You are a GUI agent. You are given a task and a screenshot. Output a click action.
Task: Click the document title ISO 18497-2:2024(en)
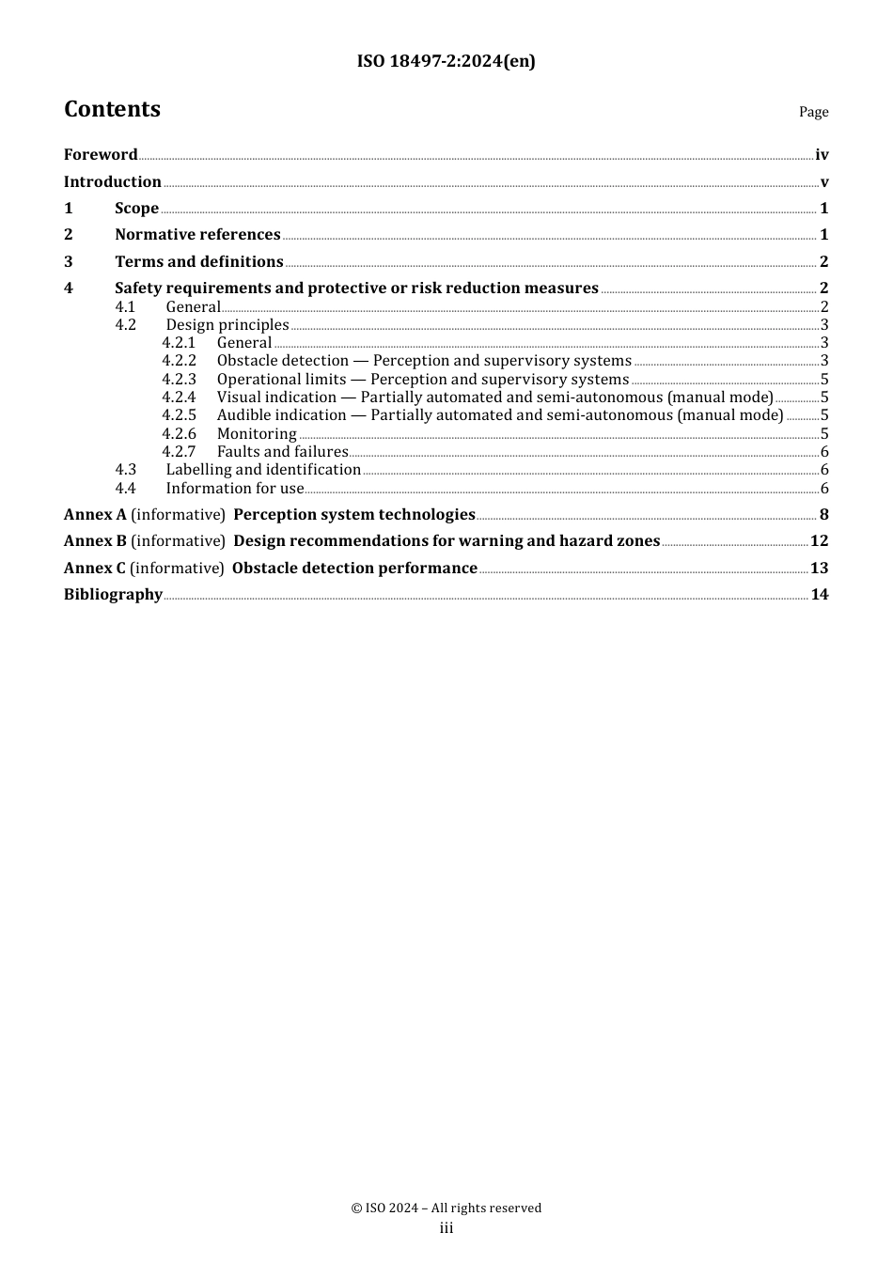[x=446, y=62]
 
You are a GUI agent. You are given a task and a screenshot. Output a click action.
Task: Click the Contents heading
[x=112, y=110]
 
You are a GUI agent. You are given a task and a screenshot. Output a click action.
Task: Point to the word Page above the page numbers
[x=813, y=112]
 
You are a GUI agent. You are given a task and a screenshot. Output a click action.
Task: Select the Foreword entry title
[x=101, y=155]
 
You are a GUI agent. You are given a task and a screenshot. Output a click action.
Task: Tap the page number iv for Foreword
[x=822, y=155]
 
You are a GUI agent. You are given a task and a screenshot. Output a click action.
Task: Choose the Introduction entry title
[x=112, y=182]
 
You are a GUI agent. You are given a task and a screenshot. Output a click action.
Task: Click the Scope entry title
[x=136, y=209]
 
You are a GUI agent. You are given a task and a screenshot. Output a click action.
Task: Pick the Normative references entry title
[x=197, y=235]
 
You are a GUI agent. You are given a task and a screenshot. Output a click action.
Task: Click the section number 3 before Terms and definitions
[x=68, y=262]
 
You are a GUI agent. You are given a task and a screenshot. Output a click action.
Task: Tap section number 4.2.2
[x=179, y=361]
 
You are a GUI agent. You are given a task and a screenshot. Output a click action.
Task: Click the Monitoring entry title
[x=257, y=434]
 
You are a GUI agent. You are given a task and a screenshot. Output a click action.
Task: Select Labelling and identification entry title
[x=263, y=470]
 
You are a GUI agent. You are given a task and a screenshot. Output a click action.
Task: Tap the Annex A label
[x=94, y=515]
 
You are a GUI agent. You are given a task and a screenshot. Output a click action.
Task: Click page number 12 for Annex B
[x=819, y=541]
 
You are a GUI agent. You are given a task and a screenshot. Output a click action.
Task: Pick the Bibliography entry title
[x=113, y=595]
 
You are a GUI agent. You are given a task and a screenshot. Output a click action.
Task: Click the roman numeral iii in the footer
[x=446, y=1228]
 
